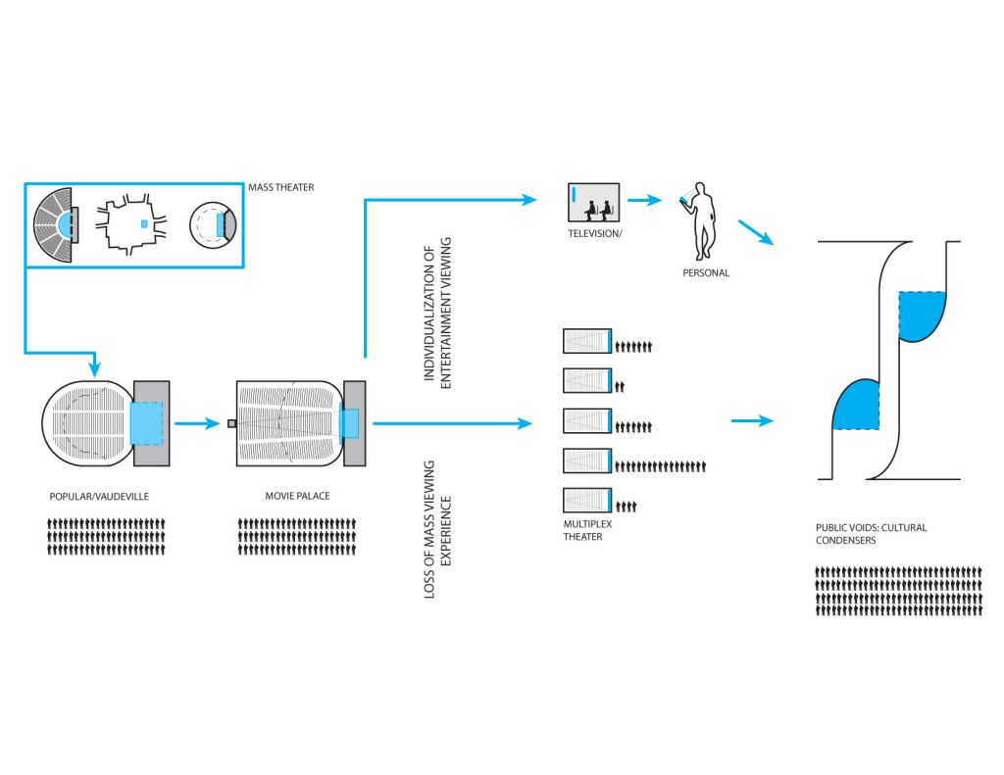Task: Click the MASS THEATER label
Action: tap(281, 187)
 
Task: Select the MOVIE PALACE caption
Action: tap(298, 496)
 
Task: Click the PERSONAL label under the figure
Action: tap(706, 272)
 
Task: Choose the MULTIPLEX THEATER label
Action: tap(582, 531)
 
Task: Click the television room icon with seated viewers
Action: tap(594, 203)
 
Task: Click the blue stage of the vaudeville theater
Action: tap(148, 423)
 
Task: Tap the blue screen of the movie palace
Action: tap(350, 423)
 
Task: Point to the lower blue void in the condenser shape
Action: tap(854, 405)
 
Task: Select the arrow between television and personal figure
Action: tap(644, 201)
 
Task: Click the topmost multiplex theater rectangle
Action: tap(587, 340)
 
